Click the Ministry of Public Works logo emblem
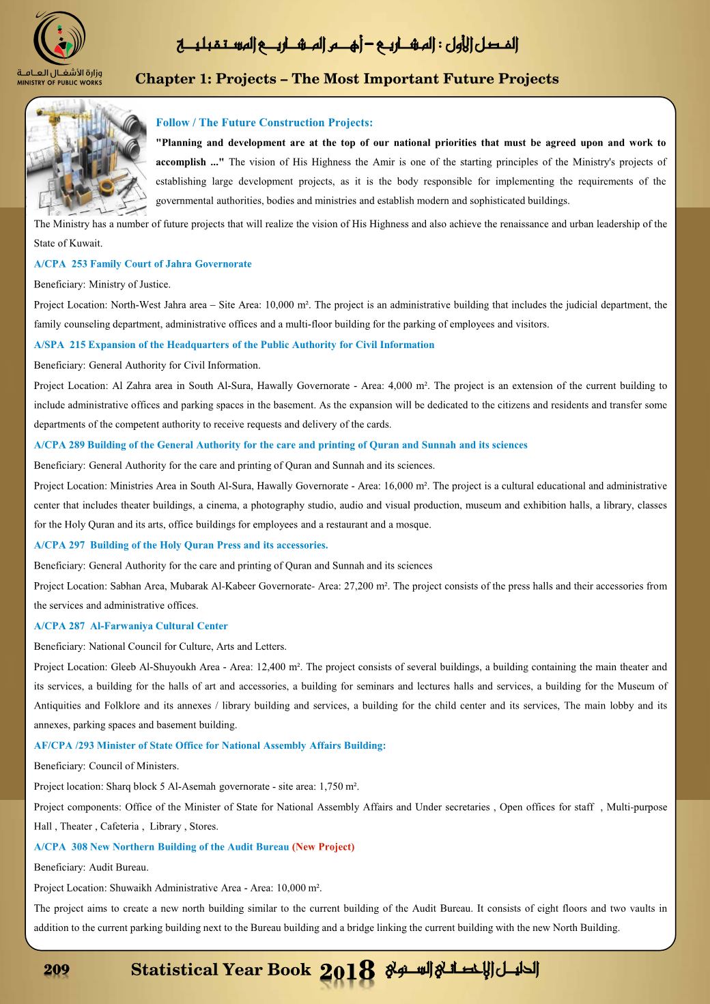click(60, 39)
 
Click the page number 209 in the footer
click(57, 970)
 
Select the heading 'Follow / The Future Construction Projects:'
click(264, 123)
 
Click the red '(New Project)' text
click(323, 847)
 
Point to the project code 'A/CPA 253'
click(60, 264)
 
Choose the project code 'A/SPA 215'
click(59, 345)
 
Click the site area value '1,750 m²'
click(339, 786)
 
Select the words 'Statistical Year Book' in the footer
click(221, 970)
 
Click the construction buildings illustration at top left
click(86, 156)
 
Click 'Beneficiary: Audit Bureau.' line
click(91, 867)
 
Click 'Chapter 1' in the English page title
click(170, 79)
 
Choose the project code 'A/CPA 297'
click(59, 545)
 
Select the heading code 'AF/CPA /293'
click(63, 745)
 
